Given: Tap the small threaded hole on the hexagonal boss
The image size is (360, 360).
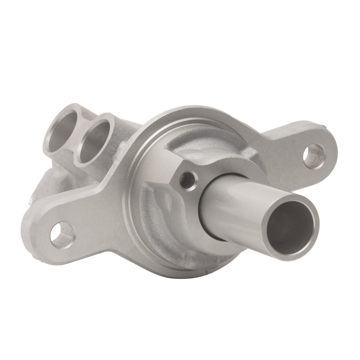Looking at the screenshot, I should pos(189,180).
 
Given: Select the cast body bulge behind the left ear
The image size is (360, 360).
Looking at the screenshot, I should pos(49,180).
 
